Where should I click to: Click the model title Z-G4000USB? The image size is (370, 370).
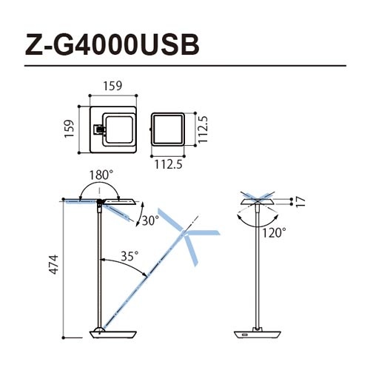coord(112,44)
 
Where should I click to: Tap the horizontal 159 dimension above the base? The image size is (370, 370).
coord(112,86)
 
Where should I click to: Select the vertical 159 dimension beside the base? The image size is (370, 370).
coord(69,129)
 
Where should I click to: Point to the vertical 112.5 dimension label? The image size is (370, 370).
coord(203,129)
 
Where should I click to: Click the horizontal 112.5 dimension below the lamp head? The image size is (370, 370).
coord(169,164)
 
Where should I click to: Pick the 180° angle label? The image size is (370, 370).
coord(101,175)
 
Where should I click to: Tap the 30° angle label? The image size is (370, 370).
coord(150,221)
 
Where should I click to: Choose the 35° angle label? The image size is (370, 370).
coord(129,256)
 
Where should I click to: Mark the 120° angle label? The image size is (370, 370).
coord(274,232)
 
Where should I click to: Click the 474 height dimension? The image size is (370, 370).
coord(53,264)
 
